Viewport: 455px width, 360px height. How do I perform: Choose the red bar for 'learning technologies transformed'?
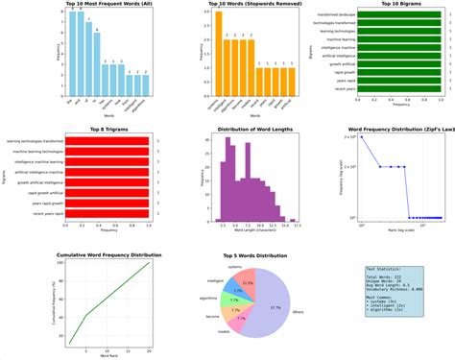point(103,141)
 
